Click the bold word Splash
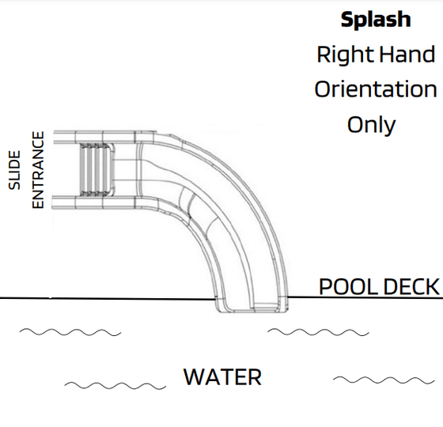click(x=376, y=20)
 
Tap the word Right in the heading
click(x=346, y=55)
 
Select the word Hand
click(x=407, y=55)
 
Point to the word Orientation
click(x=376, y=89)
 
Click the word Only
click(x=371, y=126)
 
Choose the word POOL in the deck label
click(x=349, y=286)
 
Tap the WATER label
click(x=222, y=377)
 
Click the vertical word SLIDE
click(x=14, y=170)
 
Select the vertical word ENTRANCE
click(x=38, y=170)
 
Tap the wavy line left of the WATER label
click(x=115, y=386)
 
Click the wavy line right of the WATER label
click(x=384, y=380)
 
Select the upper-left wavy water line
click(x=70, y=332)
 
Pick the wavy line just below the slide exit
click(x=318, y=332)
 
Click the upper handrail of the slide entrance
click(x=104, y=138)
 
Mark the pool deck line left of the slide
click(x=108, y=298)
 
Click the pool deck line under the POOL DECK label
click(x=365, y=297)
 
